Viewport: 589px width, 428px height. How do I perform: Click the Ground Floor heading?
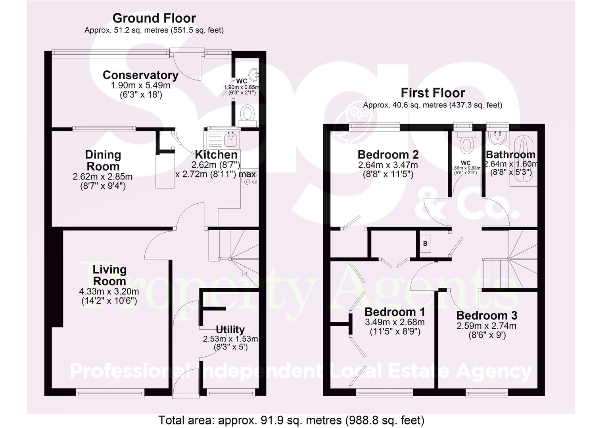(154, 18)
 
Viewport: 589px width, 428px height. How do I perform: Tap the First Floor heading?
(432, 93)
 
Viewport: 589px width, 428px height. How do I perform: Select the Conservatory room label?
(140, 75)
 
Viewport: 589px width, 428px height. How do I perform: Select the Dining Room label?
(103, 160)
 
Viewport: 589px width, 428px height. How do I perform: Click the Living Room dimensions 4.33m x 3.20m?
(109, 291)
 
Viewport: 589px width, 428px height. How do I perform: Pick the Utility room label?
(230, 329)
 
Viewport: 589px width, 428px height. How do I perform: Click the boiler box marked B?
(425, 244)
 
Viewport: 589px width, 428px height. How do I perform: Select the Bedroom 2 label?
(388, 154)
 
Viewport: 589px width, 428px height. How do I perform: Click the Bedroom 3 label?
(487, 315)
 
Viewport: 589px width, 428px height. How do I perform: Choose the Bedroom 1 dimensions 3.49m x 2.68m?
(394, 322)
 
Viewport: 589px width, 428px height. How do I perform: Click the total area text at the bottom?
(291, 420)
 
